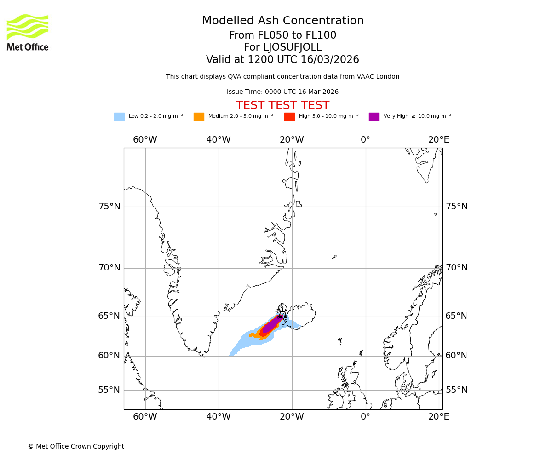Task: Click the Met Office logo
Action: [28, 32]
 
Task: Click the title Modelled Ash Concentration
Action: [282, 21]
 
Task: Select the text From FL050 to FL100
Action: [282, 35]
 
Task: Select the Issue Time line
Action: [282, 92]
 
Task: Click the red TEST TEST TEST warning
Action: [282, 106]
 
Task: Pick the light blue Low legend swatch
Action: [119, 117]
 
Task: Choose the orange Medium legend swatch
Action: [199, 117]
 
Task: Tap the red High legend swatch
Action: [289, 117]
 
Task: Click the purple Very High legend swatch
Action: [374, 117]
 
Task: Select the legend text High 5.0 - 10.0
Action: [328, 116]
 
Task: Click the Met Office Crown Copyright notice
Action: [76, 447]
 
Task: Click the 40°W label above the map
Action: [218, 140]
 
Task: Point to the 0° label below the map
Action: [365, 417]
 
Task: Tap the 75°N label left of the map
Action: [109, 207]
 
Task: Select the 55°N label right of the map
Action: [456, 390]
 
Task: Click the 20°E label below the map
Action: [438, 417]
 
